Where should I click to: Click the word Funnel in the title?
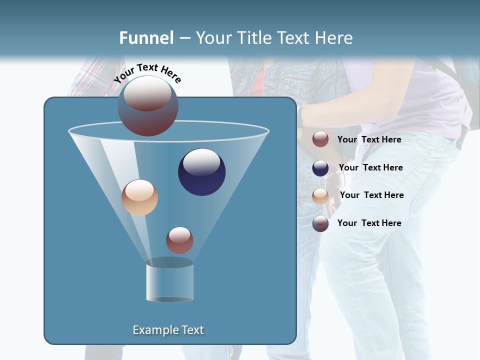click(146, 38)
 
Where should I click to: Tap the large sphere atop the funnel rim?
click(148, 106)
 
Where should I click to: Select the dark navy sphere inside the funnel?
click(202, 172)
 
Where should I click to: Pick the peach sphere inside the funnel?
click(139, 197)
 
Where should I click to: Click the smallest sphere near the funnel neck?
click(179, 240)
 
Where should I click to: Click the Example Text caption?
click(168, 330)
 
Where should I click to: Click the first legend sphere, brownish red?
click(320, 139)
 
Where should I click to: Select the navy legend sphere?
click(320, 168)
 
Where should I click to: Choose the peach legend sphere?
click(320, 196)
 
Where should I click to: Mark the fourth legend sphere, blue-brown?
click(320, 223)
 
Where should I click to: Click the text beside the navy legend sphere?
click(370, 167)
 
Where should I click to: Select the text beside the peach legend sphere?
click(371, 195)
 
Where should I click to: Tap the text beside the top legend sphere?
click(369, 139)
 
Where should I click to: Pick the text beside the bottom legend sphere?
click(369, 223)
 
